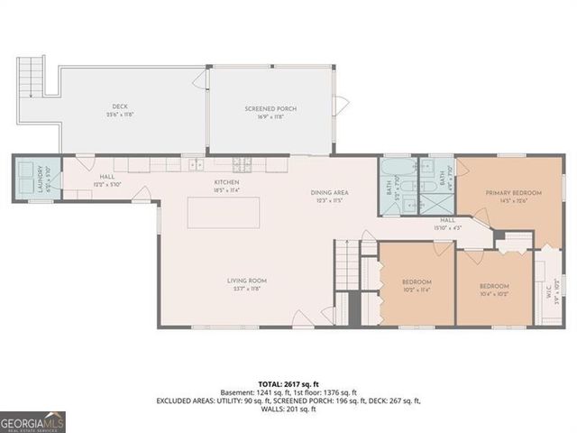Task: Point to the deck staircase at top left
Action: (x=32, y=77)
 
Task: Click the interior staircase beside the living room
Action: (x=346, y=267)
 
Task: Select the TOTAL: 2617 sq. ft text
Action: (x=288, y=383)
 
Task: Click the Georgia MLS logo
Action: (x=32, y=422)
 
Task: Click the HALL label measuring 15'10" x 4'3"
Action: (x=448, y=223)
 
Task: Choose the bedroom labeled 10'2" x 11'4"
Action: (x=417, y=286)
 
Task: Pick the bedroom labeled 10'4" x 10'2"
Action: (x=495, y=289)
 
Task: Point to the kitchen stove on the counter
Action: (x=243, y=164)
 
